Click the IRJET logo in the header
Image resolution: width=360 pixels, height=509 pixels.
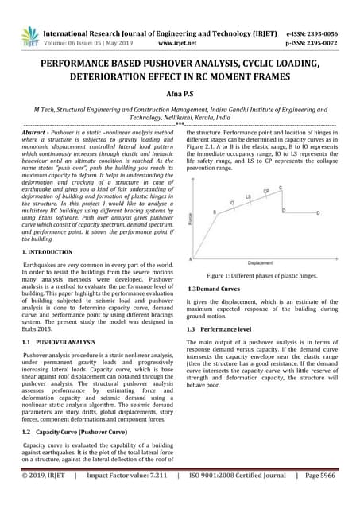[31, 36]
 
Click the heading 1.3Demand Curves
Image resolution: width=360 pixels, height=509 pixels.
[213, 288]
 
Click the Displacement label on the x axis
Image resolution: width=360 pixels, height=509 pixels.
[259, 262]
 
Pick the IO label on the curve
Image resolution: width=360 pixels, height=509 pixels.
[232, 204]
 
